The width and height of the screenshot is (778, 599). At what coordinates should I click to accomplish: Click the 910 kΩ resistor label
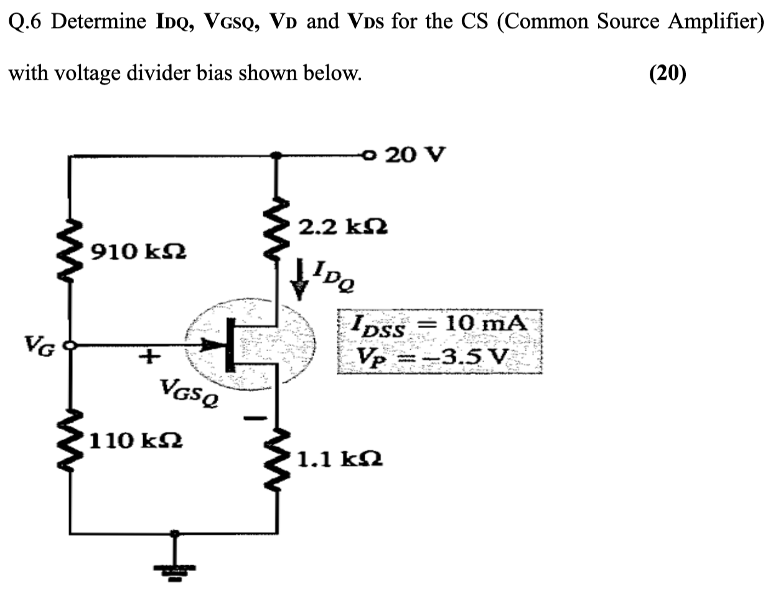[138, 252]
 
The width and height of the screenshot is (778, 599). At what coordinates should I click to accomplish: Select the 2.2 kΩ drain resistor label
[343, 227]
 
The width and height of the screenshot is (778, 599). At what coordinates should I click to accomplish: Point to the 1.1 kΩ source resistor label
[339, 460]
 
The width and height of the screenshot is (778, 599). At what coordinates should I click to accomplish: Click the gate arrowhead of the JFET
[214, 344]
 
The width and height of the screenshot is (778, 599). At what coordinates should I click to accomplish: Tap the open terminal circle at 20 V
[371, 154]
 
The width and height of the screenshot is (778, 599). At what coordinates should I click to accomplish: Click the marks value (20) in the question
[667, 73]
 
